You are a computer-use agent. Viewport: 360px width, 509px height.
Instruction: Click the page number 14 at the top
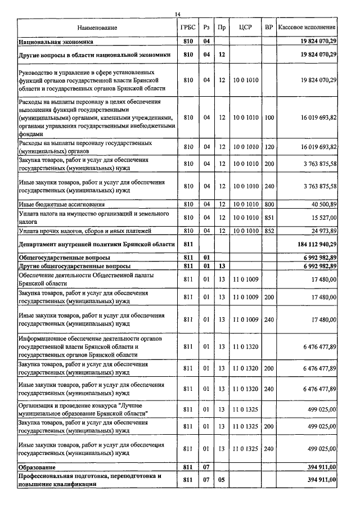pos(178,13)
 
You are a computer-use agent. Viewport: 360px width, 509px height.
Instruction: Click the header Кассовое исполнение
pos(308,28)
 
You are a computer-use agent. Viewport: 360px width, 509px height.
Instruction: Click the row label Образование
pos(37,467)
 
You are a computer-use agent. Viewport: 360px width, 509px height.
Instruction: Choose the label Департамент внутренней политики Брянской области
pos(93,244)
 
